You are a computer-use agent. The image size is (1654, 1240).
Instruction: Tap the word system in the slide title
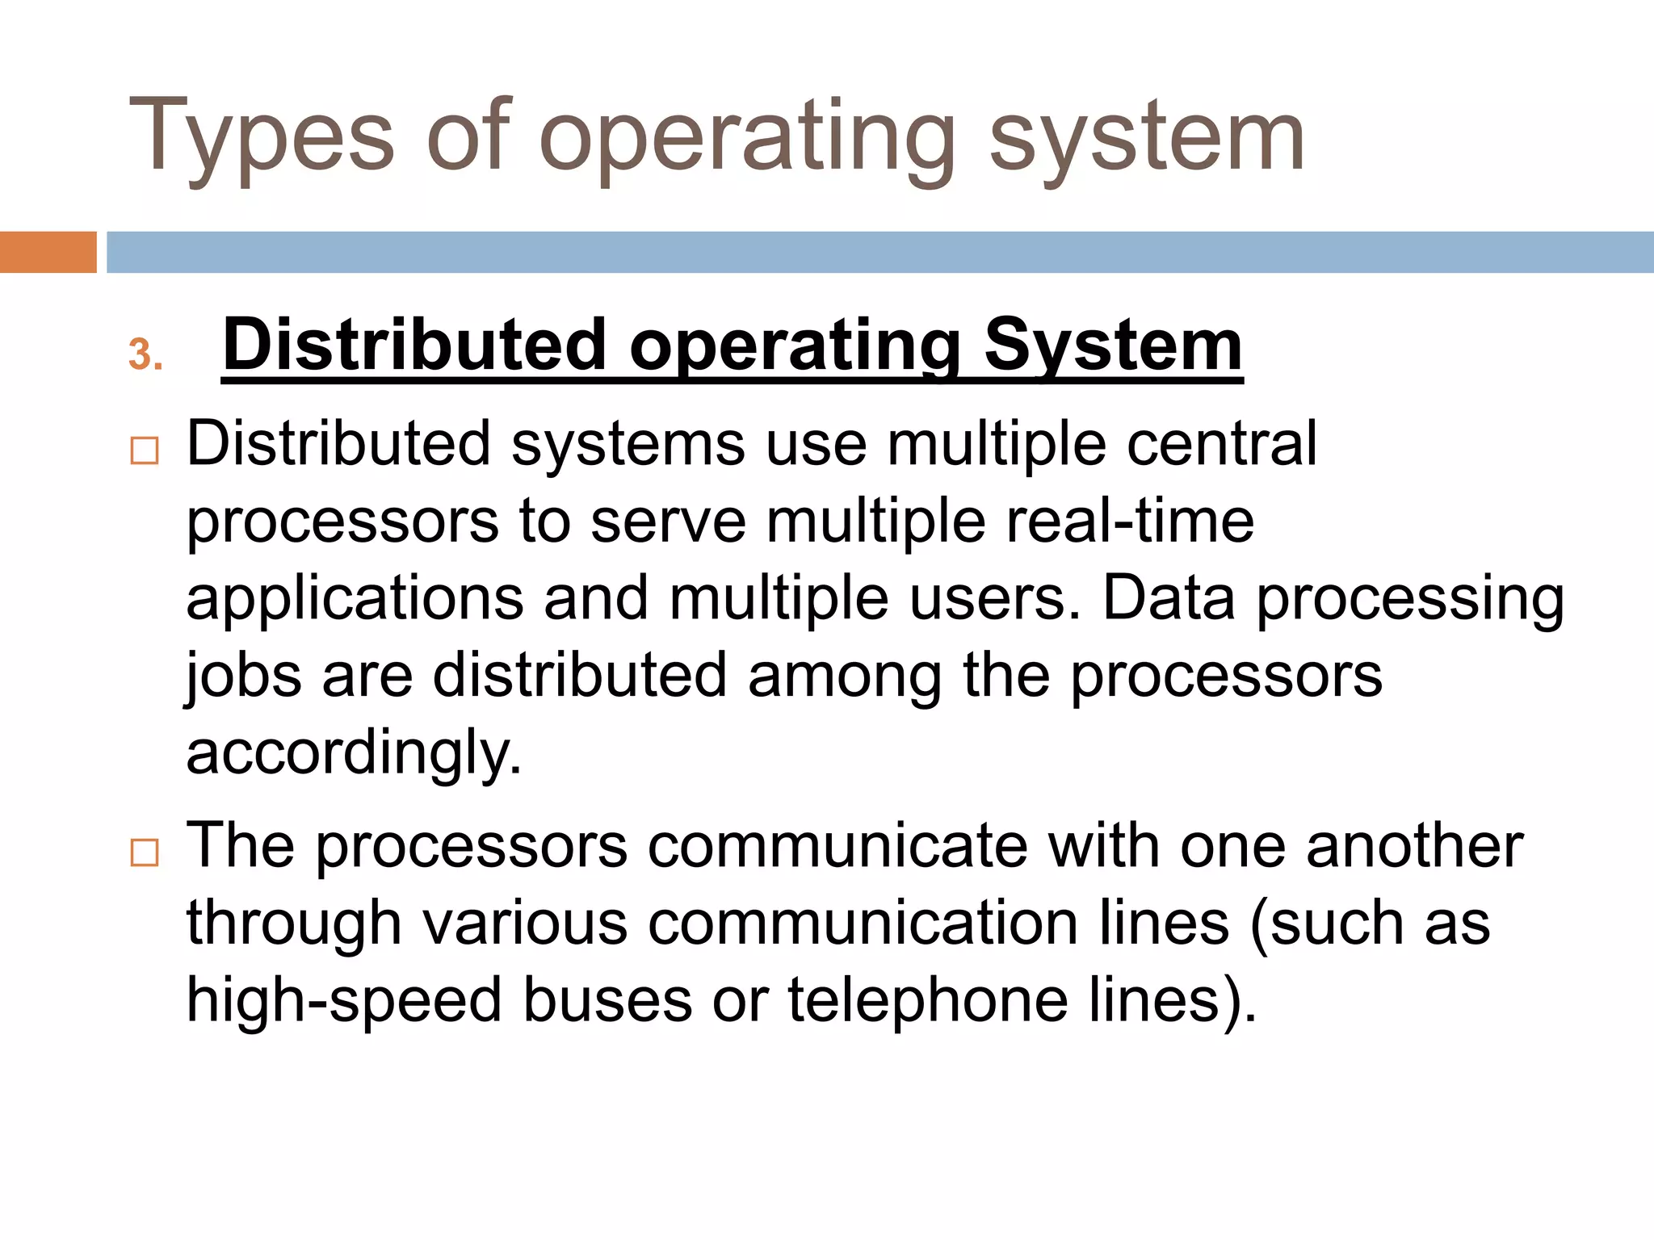1147,137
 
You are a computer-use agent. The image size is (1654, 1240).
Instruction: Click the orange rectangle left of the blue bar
48,252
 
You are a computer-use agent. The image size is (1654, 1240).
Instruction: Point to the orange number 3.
145,354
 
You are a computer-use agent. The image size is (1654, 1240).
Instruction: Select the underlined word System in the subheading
1113,346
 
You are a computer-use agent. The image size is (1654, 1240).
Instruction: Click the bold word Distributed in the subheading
414,346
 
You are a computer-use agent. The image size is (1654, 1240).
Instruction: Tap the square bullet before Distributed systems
145,450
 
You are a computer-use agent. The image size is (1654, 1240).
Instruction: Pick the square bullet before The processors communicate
145,852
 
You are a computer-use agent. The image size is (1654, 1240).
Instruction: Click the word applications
355,599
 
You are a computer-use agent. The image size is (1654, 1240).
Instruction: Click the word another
1414,845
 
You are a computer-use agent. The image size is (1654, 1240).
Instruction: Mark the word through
294,924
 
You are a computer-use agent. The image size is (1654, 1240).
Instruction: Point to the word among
845,677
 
